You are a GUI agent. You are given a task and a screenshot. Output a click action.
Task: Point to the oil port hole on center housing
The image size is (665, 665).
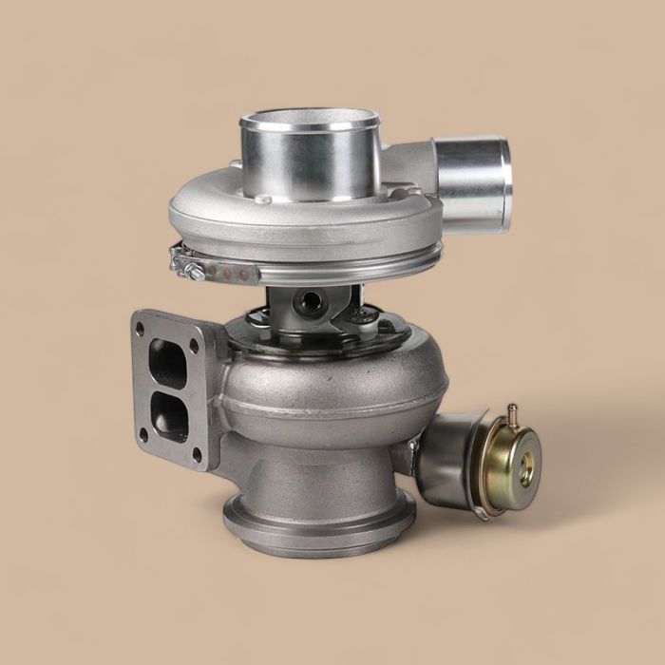tap(311, 303)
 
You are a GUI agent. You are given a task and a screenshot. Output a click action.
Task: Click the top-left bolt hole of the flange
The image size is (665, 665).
tap(141, 328)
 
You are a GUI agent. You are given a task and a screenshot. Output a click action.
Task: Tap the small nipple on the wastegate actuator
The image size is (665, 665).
tap(511, 413)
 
